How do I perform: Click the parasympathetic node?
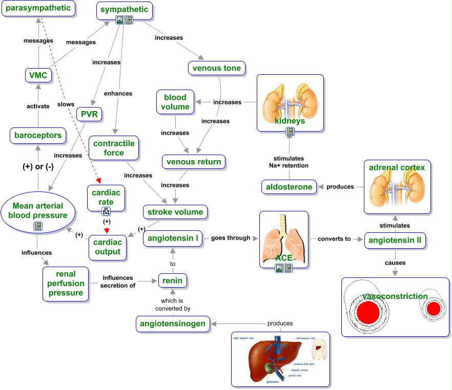coord(38,8)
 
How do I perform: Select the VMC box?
coord(38,76)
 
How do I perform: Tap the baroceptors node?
coord(38,136)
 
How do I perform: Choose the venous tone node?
coord(217,68)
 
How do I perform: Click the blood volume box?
coord(175,102)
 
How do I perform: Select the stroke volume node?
coord(175,212)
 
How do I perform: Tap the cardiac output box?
coord(108,247)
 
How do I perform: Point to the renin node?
coord(172,280)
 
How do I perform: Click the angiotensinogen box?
coord(174,323)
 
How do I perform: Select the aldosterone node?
coord(289,187)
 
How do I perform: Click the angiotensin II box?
coord(395,240)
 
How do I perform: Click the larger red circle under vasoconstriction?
coord(367,311)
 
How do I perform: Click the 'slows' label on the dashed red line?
coord(66,104)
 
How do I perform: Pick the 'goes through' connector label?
coord(231,238)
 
